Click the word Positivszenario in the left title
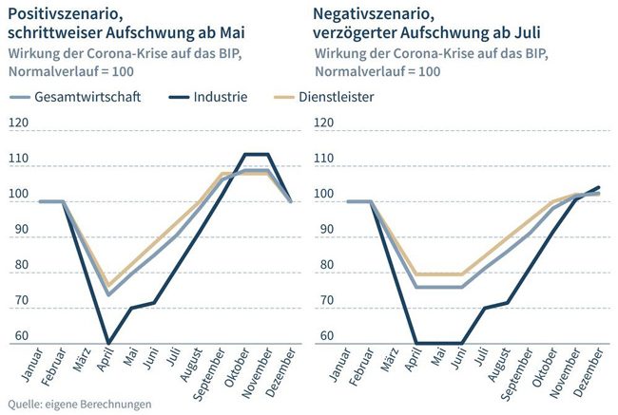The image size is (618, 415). tap(63, 13)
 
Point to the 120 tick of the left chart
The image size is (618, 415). tap(18, 123)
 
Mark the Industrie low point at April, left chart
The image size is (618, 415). tap(108, 343)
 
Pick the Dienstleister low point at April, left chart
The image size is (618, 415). tap(108, 285)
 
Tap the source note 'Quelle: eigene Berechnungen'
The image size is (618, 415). tap(79, 404)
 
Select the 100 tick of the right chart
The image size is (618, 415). tap(325, 195)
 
